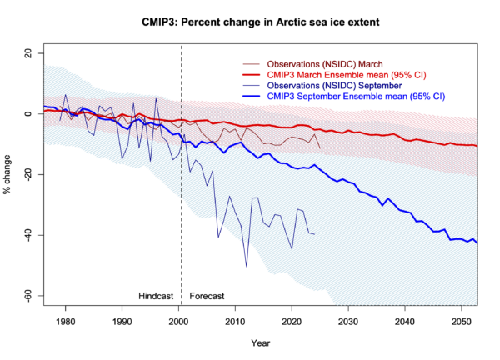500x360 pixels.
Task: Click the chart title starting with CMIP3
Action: tap(249, 17)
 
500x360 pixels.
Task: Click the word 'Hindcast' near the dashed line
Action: tap(157, 296)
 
